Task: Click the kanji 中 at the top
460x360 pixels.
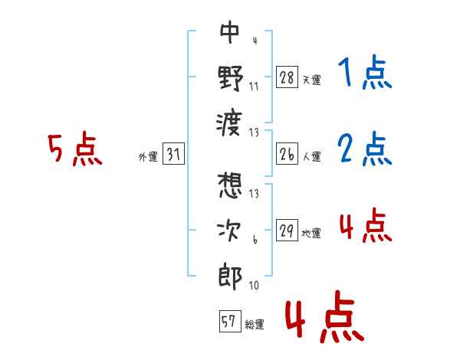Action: click(230, 32)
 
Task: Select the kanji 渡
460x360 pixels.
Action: click(229, 124)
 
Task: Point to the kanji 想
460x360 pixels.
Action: click(230, 185)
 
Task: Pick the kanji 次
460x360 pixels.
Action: click(229, 231)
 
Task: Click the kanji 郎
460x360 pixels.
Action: click(231, 277)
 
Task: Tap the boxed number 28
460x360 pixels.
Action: click(287, 77)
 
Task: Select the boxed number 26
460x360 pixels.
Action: click(287, 154)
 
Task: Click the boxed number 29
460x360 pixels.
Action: click(287, 230)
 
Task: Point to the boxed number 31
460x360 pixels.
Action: click(173, 154)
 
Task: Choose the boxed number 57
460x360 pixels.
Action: click(230, 321)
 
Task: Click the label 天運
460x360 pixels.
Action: click(312, 80)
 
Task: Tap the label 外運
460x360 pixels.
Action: click(148, 156)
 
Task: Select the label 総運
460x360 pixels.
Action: click(255, 324)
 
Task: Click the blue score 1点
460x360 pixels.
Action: click(365, 72)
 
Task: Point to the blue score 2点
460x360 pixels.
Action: click(365, 149)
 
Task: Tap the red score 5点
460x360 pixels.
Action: click(75, 149)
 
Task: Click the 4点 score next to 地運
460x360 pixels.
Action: click(366, 225)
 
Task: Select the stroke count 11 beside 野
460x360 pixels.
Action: click(254, 87)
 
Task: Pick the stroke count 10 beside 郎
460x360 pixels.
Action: click(254, 285)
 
